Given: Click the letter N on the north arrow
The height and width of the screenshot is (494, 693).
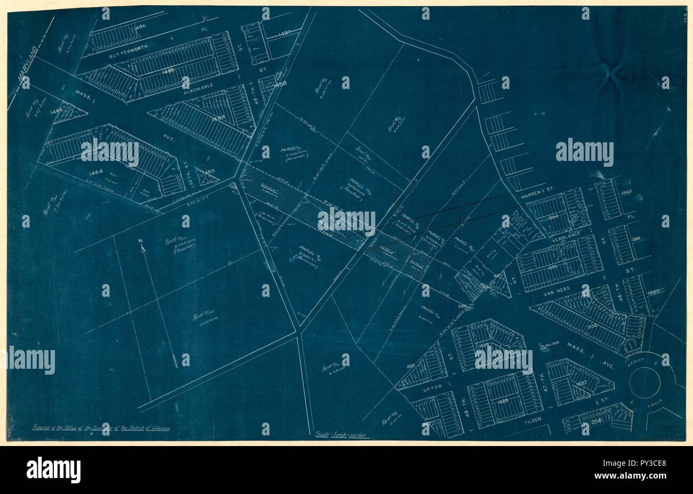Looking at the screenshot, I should [x=141, y=242].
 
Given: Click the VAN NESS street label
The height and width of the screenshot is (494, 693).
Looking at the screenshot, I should [x=554, y=291].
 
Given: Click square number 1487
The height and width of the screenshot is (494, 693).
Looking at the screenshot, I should [x=284, y=34].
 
